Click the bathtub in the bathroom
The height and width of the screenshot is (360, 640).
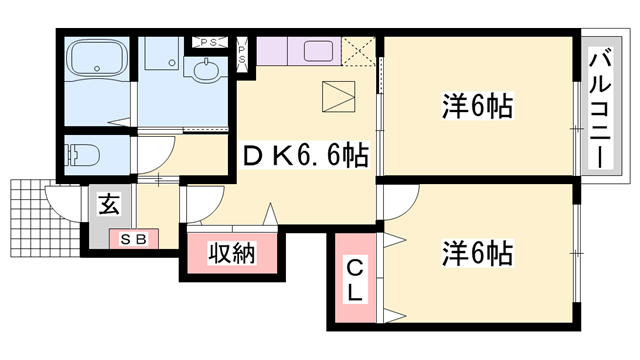click(x=97, y=62)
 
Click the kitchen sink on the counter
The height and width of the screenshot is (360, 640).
click(x=319, y=52)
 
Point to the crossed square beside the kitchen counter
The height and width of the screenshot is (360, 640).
click(x=359, y=50)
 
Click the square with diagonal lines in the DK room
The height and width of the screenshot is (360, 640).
click(x=340, y=98)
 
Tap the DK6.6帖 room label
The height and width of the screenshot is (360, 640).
click(x=305, y=154)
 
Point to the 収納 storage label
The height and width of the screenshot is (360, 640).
click(x=232, y=254)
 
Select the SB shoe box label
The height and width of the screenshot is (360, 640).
click(x=131, y=240)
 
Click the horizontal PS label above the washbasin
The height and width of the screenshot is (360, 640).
click(x=209, y=41)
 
